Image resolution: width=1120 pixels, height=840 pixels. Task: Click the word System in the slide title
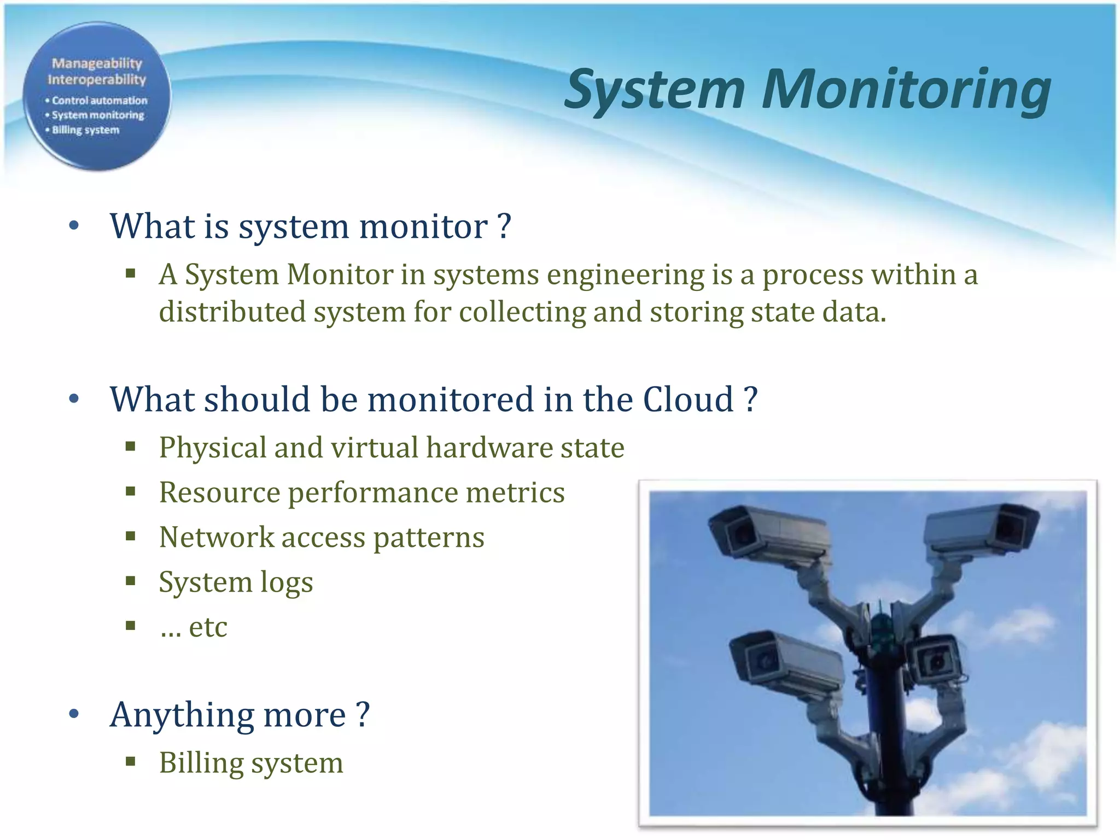[x=655, y=90]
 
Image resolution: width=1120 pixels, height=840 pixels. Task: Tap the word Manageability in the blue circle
[x=97, y=63]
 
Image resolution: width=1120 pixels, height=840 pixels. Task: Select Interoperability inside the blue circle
[x=97, y=80]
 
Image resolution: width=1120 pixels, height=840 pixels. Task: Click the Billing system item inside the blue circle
[x=85, y=130]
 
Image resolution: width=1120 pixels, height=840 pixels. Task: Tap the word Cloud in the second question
[x=688, y=399]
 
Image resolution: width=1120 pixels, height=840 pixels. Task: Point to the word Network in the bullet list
[x=216, y=537]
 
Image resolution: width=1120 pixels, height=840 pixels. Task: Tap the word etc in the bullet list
[x=208, y=627]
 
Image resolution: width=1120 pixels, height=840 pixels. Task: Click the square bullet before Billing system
[x=130, y=761]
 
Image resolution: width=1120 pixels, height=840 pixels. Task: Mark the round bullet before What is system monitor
[x=74, y=226]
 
